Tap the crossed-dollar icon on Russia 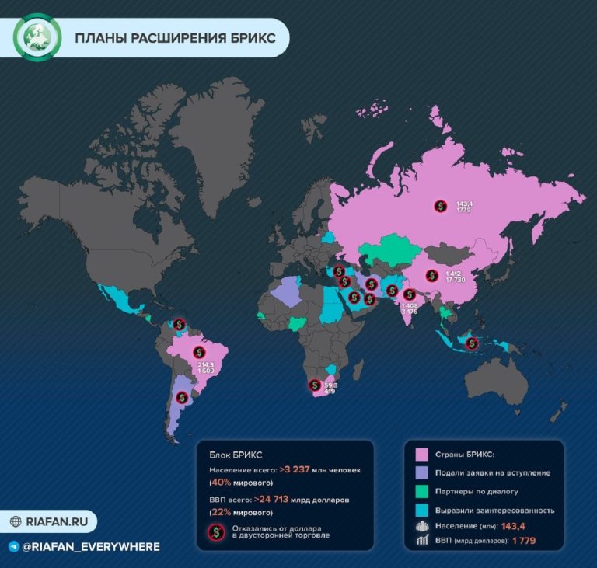point(440,206)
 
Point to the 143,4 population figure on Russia point(465,203)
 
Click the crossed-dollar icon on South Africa point(315,385)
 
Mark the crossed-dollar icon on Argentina point(181,397)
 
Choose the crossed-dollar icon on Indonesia point(471,343)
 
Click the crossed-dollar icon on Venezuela point(180,324)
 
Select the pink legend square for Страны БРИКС point(423,455)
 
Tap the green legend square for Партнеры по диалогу point(423,491)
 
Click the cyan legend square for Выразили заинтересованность point(423,510)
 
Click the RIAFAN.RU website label point(53,521)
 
